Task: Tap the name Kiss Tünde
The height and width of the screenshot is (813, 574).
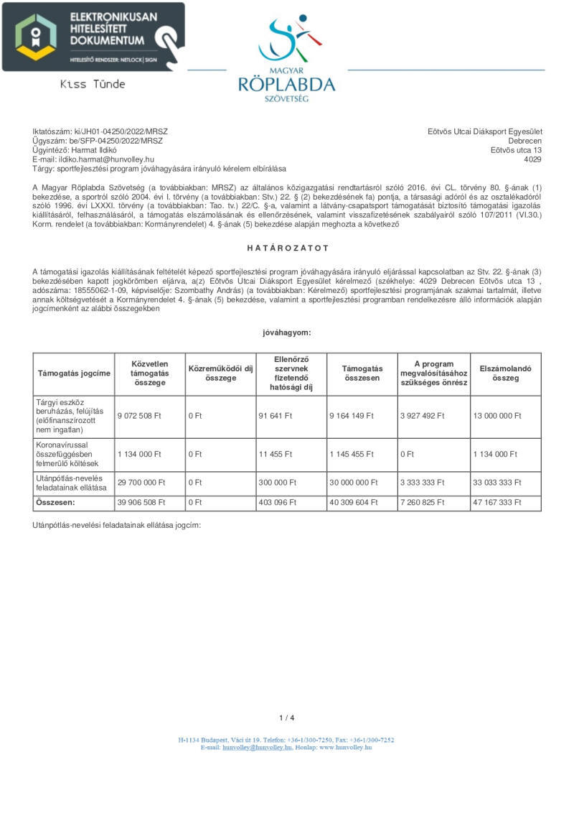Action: point(93,84)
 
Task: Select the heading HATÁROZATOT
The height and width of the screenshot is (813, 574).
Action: point(287,248)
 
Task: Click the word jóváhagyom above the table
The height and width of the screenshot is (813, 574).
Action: point(287,333)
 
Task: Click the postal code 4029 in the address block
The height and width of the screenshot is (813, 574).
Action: point(533,159)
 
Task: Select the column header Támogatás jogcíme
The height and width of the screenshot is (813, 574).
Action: point(74,373)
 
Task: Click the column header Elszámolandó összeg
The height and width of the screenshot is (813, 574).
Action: point(505,373)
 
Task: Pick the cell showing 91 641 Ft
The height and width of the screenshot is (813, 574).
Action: point(276,416)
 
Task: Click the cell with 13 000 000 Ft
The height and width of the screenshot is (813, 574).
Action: point(497,416)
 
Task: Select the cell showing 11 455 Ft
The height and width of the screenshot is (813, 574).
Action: point(276,454)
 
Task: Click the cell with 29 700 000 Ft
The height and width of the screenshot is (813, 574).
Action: point(141,483)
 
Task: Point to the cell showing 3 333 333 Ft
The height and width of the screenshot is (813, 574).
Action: point(425,483)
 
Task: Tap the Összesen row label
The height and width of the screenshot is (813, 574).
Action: point(55,503)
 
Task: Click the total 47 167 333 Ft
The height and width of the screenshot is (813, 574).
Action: point(497,503)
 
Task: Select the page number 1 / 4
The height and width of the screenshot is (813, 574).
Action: point(287,717)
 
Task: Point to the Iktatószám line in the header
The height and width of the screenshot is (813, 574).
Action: point(100,131)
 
